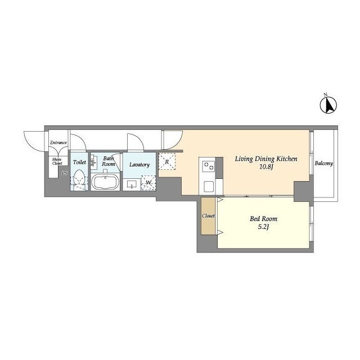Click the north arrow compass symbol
[x=328, y=105]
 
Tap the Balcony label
[x=324, y=164]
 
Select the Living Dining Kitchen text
[x=266, y=159]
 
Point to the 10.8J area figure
[x=266, y=167]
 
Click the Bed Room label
[x=263, y=219]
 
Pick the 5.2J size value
[x=263, y=227]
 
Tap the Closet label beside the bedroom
[x=208, y=216]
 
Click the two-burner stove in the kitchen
[x=209, y=166]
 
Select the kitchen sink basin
[x=209, y=186]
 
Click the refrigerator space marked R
[x=167, y=161]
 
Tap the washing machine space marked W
[x=148, y=183]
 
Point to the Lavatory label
[x=139, y=165]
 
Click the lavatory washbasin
[x=132, y=184]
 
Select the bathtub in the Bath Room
[x=105, y=182]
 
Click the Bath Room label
[x=109, y=161]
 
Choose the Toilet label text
[x=79, y=162]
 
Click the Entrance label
[x=58, y=142]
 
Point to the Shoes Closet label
[x=57, y=161]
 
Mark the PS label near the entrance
[x=65, y=173]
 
